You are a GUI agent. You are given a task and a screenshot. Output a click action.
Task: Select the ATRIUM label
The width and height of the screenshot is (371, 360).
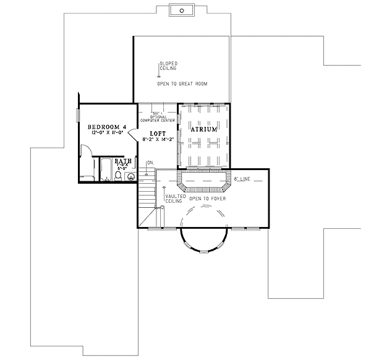point(204,130)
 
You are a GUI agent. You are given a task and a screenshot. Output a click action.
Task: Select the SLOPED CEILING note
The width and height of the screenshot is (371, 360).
point(169,66)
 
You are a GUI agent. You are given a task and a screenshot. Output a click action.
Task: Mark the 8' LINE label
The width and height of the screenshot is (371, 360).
point(241,179)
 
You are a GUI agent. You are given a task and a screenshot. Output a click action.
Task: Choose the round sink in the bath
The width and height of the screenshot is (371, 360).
point(130,176)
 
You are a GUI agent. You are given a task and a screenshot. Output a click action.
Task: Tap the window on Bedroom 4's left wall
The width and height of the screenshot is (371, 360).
point(77,116)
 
